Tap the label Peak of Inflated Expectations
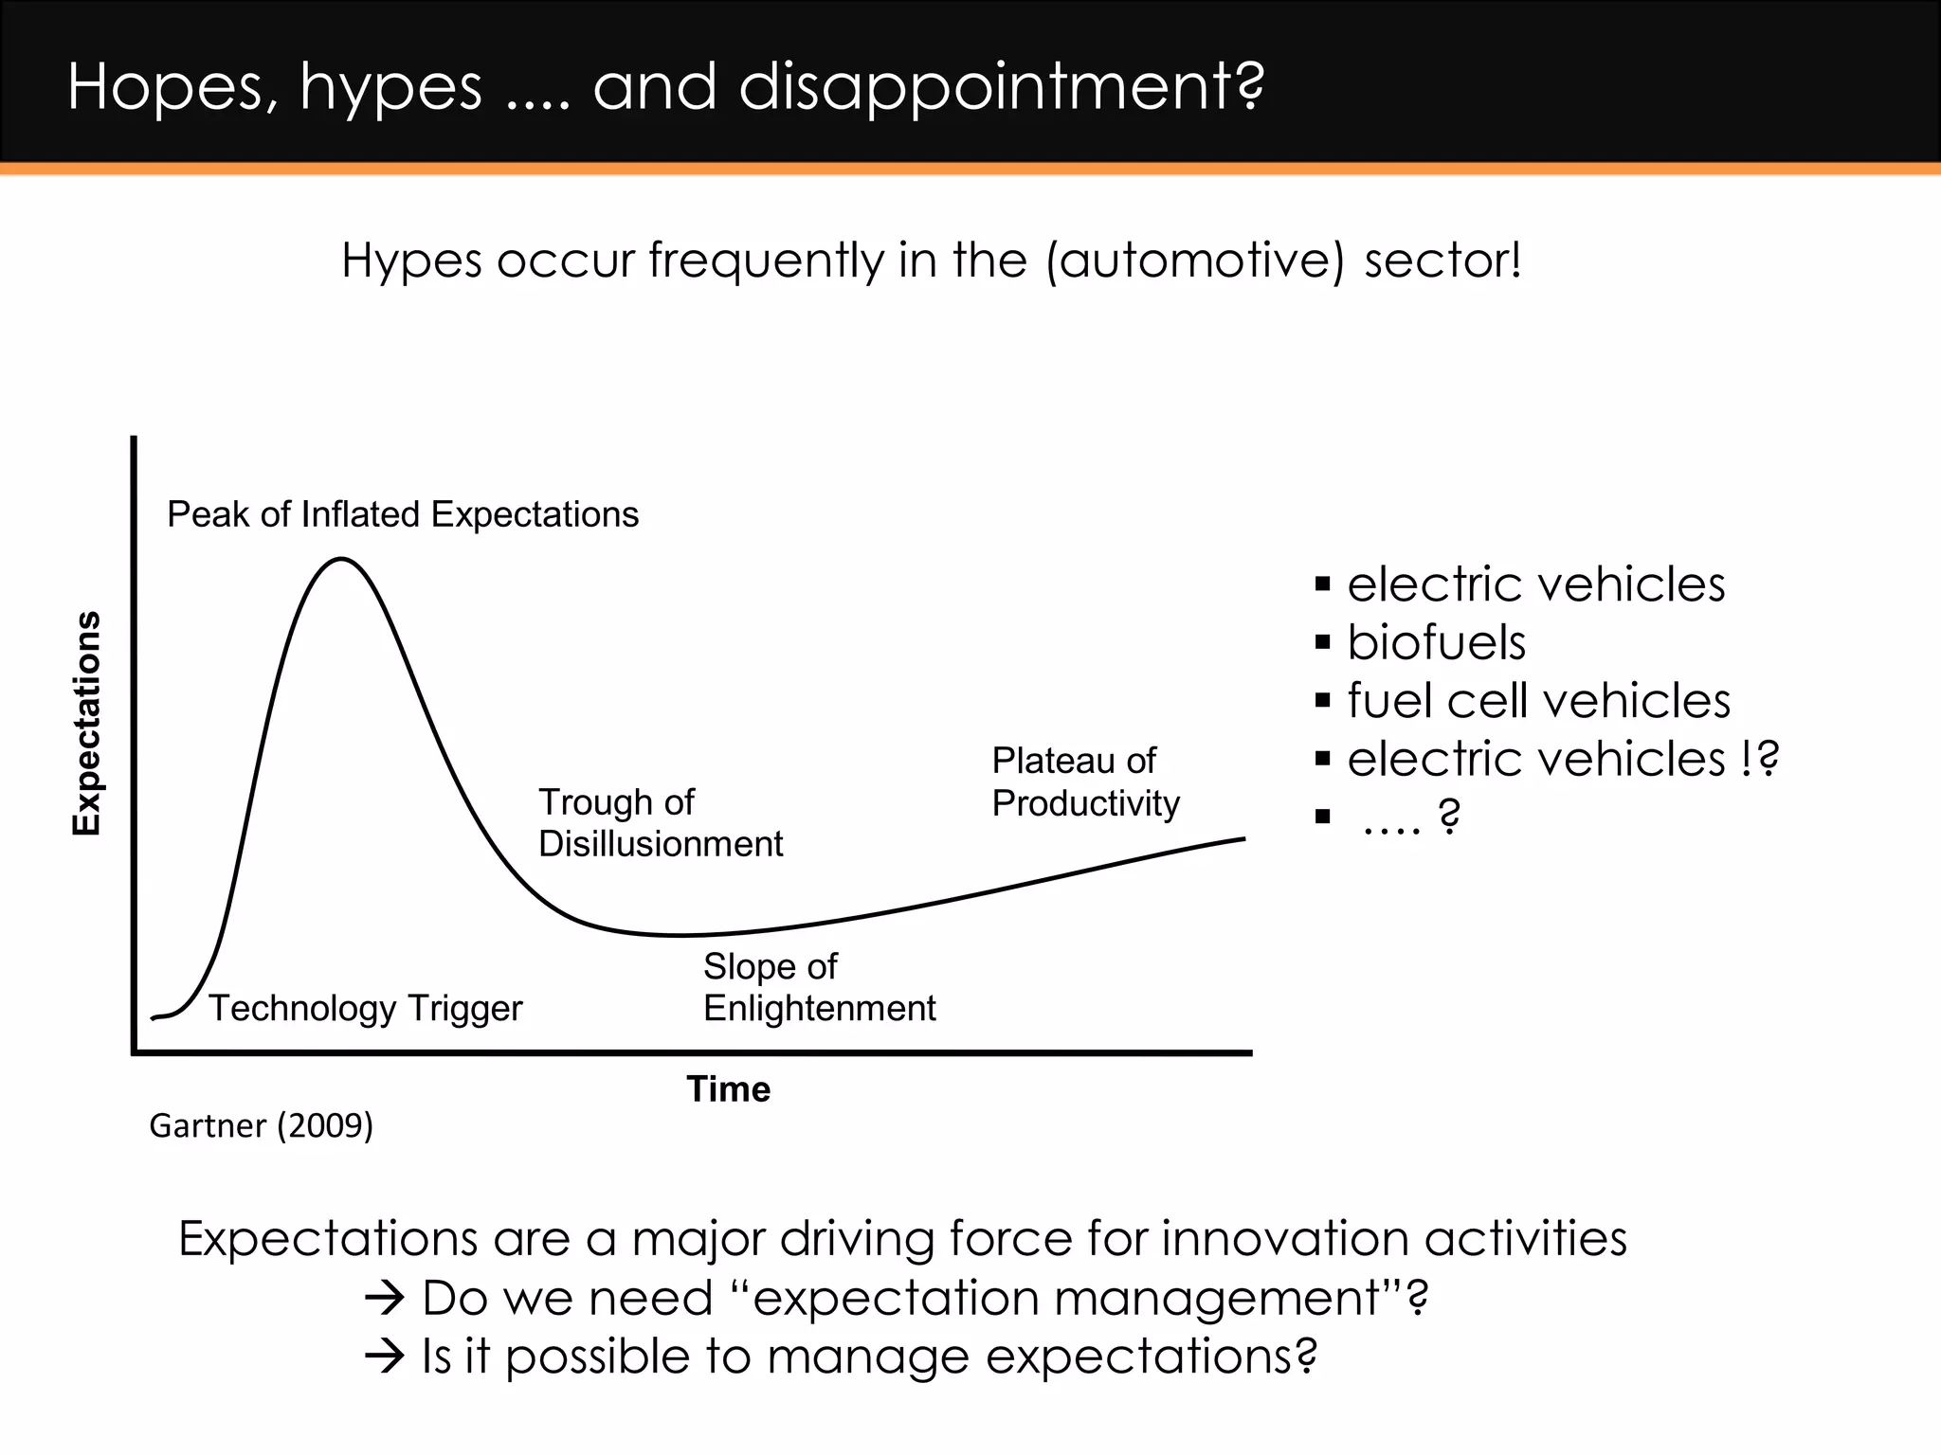pyautogui.click(x=403, y=514)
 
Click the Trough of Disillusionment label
pyautogui.click(x=661, y=822)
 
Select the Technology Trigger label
pyautogui.click(x=365, y=1008)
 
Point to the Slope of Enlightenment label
pyautogui.click(x=819, y=987)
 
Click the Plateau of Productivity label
pyautogui.click(x=1085, y=781)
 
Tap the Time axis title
pyautogui.click(x=728, y=1089)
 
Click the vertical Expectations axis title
pyautogui.click(x=86, y=724)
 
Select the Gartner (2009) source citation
pyautogui.click(x=262, y=1125)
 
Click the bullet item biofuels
pyautogui.click(x=1436, y=642)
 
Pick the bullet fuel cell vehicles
pyautogui.click(x=1538, y=701)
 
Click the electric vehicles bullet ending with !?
pyautogui.click(x=1562, y=759)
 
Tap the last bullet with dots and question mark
pyautogui.click(x=1410, y=817)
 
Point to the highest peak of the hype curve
pyautogui.click(x=341, y=560)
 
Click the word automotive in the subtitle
pyautogui.click(x=1194, y=260)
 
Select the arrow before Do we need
pyautogui.click(x=385, y=1299)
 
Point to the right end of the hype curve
pyautogui.click(x=1243, y=838)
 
